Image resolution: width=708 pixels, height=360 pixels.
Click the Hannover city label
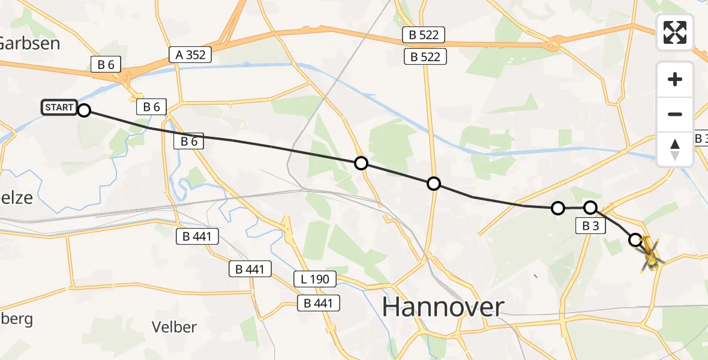coord(443,307)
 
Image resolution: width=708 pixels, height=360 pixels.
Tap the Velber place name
coord(174,327)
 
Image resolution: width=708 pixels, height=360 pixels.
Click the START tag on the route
coord(59,108)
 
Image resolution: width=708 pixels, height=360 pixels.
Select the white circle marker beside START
coord(84,110)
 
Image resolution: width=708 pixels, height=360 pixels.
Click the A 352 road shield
coord(191,55)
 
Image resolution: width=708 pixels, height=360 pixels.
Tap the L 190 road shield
coord(315,279)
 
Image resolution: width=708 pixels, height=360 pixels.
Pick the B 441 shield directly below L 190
coord(319,304)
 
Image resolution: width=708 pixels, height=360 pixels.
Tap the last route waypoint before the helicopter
coord(635,240)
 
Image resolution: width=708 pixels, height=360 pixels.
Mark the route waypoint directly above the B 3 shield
coord(590,208)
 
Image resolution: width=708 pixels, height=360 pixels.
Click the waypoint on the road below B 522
coord(433,184)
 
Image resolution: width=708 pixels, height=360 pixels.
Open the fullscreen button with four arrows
coord(675,32)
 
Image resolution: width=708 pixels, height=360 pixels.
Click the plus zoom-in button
coord(675,79)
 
